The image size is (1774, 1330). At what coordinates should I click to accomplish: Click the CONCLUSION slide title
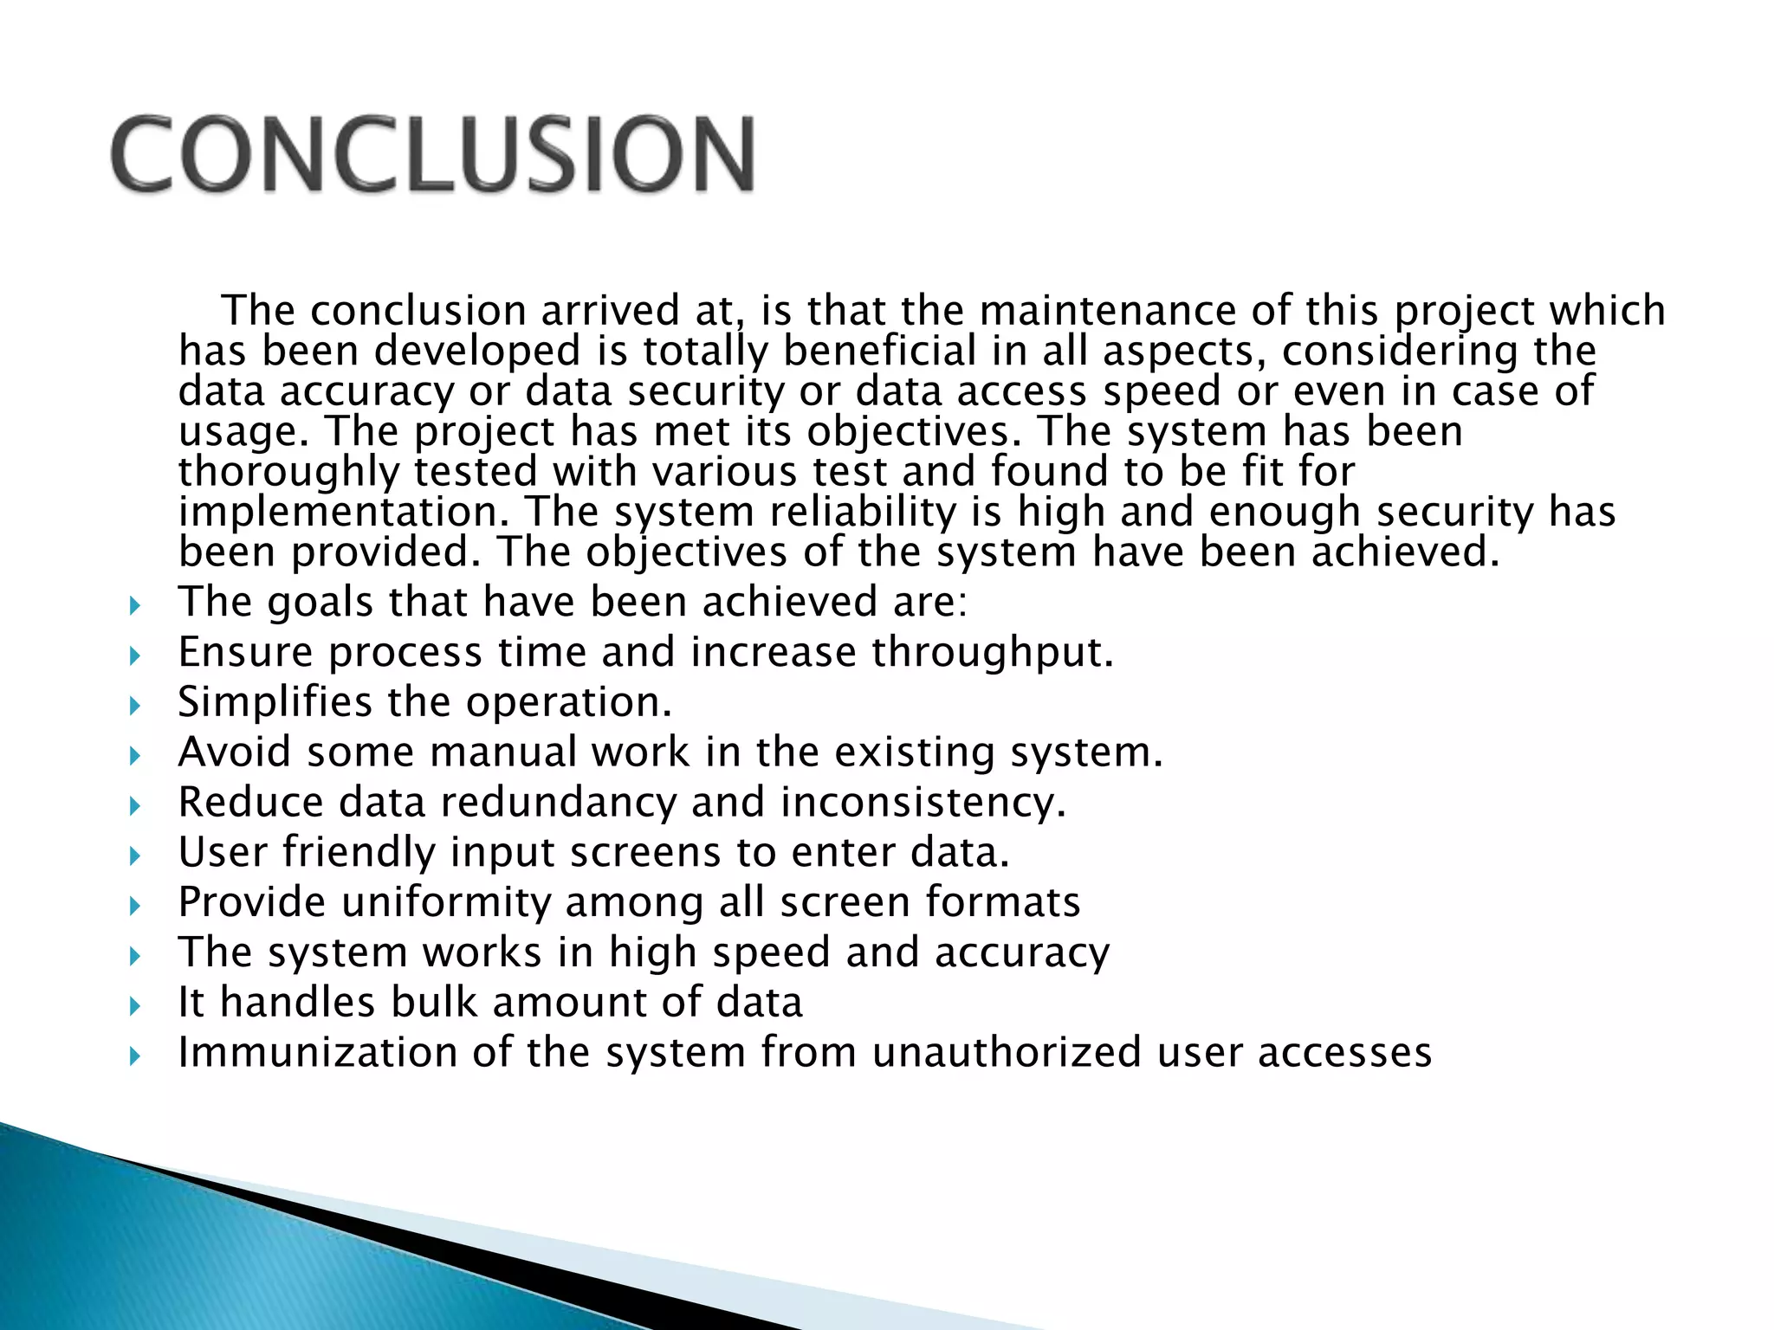point(433,153)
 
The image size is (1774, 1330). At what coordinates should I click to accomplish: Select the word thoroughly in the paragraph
point(289,473)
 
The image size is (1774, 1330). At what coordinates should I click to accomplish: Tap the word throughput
point(992,652)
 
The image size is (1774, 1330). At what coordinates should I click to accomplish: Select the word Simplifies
point(275,702)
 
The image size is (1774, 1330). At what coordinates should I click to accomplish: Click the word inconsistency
point(923,803)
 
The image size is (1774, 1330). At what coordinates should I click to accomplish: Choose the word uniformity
point(445,902)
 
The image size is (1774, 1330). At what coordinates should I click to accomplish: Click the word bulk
point(433,1003)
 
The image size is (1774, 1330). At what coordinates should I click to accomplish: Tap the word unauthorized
point(1006,1053)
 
